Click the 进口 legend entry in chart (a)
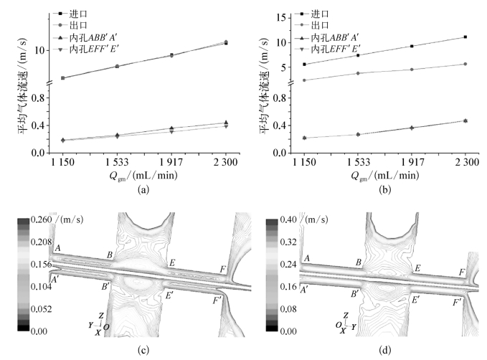pos(70,14)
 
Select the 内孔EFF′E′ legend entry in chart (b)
pos(328,49)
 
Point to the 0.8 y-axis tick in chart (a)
pos(39,98)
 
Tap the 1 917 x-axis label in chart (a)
pos(171,162)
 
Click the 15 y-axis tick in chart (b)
pos(282,17)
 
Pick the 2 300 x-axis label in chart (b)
pos(467,162)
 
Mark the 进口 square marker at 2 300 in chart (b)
pos(465,37)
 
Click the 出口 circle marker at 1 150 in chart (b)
pos(304,80)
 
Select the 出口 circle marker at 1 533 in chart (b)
pos(358,73)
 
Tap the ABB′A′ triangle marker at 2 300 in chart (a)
pos(226,123)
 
